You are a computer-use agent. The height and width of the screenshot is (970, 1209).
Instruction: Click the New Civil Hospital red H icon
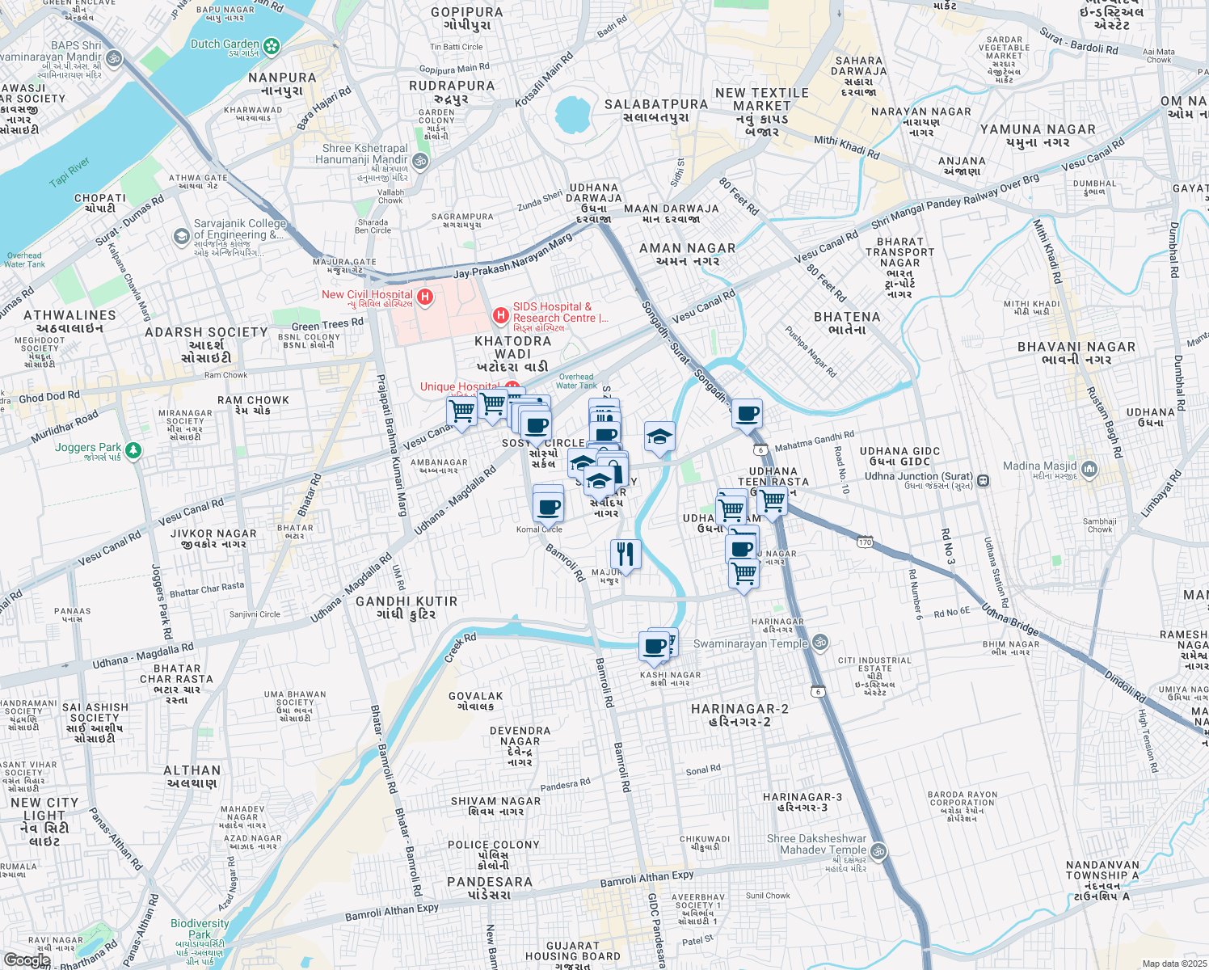point(424,297)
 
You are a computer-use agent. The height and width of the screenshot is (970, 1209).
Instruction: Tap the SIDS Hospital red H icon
point(501,314)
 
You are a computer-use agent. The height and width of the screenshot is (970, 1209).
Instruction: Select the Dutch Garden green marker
point(272,47)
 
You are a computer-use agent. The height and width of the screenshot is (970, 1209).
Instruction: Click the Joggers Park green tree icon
point(133,450)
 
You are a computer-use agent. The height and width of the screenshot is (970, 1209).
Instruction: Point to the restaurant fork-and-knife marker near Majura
point(625,555)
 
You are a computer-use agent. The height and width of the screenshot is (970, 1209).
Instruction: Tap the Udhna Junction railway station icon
point(983,480)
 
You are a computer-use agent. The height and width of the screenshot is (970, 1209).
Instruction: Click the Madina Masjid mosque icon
point(1089,469)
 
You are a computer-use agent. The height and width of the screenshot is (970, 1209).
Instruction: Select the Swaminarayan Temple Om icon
point(820,643)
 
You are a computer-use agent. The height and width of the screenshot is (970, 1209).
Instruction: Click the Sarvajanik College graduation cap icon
point(182,236)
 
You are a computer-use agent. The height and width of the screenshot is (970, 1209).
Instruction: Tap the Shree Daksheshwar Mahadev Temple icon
point(878,851)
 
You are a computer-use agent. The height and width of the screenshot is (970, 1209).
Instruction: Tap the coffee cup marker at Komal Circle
point(549,508)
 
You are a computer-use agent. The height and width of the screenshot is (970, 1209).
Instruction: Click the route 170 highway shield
point(866,542)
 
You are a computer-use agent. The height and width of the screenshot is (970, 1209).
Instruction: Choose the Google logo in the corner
point(27,960)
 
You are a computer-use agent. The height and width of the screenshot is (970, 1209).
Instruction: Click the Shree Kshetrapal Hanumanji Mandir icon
point(420,162)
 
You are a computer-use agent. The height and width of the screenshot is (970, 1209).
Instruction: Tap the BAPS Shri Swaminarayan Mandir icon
point(113,58)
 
